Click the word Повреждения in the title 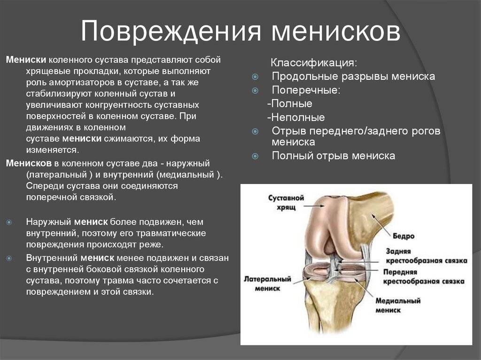pos(171,31)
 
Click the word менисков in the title pos(336,31)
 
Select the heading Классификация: pos(314,63)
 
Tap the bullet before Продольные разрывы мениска pos(255,77)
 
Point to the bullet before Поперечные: pos(255,91)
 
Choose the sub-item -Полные pos(289,104)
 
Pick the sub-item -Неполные pos(296,117)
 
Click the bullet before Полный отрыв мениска pos(255,156)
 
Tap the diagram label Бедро pos(403,236)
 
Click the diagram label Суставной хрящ pos(286,202)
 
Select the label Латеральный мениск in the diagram pos(267,283)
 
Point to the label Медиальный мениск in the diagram pos(398,305)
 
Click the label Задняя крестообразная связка pos(427,256)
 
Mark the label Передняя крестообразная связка pos(424,276)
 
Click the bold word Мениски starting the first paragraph pos(26,60)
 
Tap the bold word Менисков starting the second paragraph pos(29,163)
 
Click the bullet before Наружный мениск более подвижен pos(9,222)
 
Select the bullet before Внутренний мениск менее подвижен pos(9,258)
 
